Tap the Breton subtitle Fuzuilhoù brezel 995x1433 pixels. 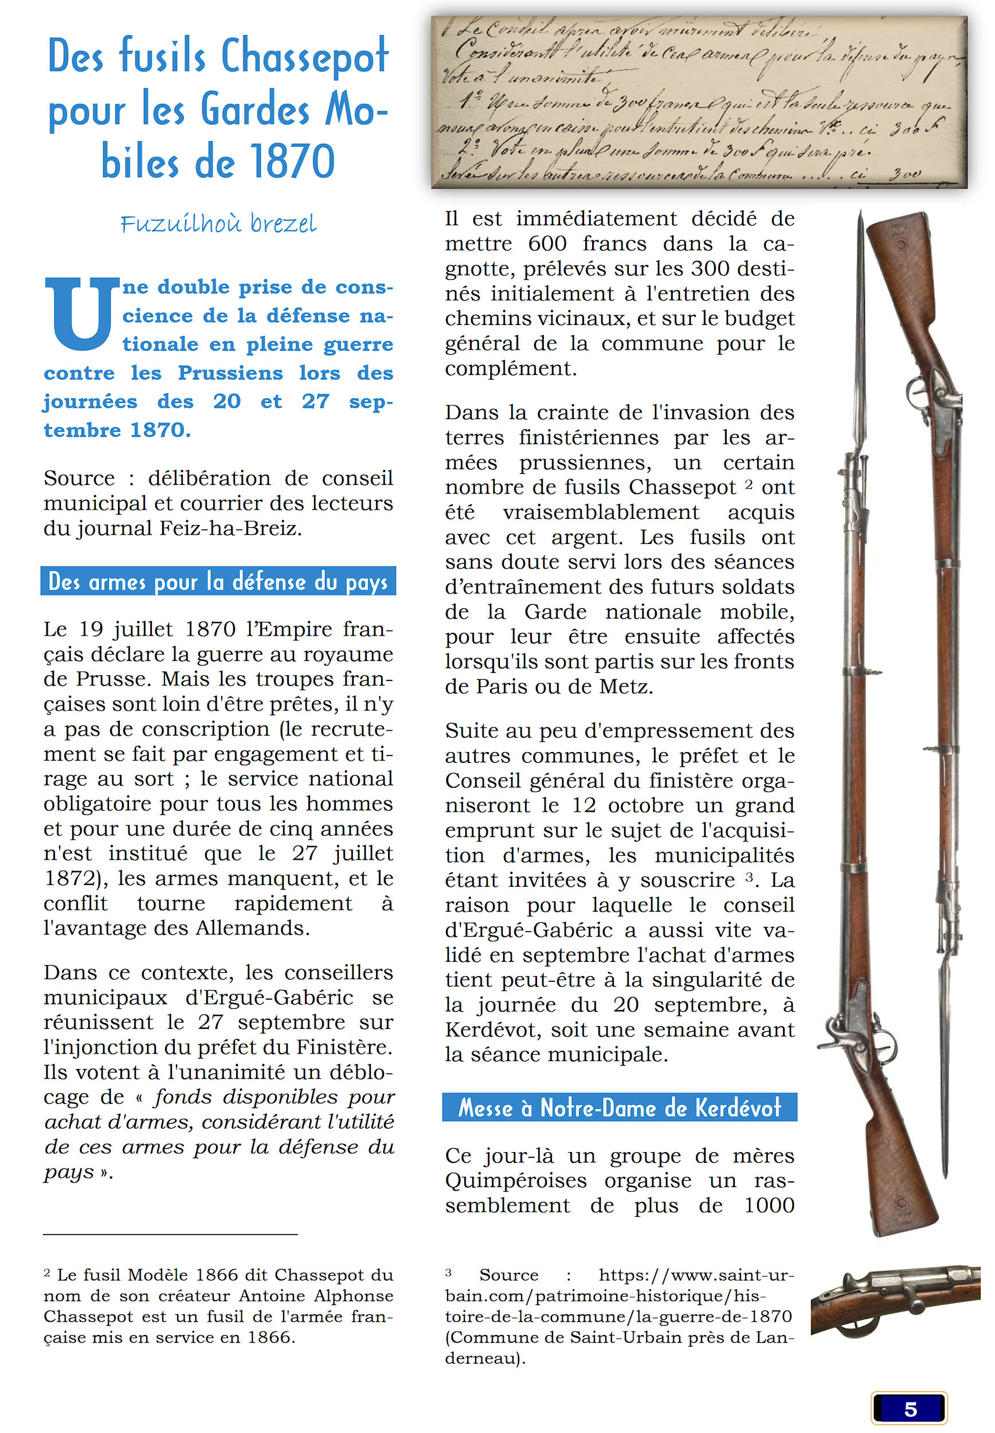click(x=218, y=223)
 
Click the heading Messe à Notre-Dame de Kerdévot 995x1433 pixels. click(x=619, y=1107)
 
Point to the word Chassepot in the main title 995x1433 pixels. click(x=305, y=57)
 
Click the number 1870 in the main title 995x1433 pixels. click(x=292, y=162)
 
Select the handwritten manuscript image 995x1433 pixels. click(x=698, y=102)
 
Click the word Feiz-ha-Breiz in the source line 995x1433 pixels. click(x=230, y=528)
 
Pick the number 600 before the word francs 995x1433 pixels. click(x=547, y=243)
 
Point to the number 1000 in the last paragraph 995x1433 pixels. click(x=769, y=1205)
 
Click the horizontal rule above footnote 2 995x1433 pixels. click(x=170, y=1234)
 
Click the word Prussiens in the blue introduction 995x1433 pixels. click(x=230, y=373)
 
